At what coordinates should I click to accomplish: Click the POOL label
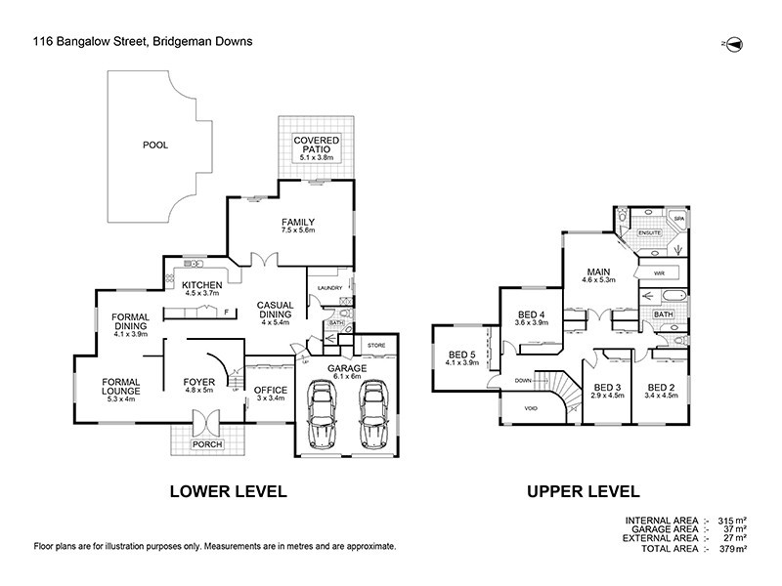point(155,145)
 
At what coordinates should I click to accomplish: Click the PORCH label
point(207,444)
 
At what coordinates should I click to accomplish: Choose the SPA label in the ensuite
point(677,219)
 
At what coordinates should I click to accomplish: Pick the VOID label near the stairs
point(531,408)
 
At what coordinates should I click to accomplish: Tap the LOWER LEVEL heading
point(228,491)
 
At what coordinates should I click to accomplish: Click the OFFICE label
point(269,389)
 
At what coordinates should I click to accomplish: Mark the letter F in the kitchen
point(226,312)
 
